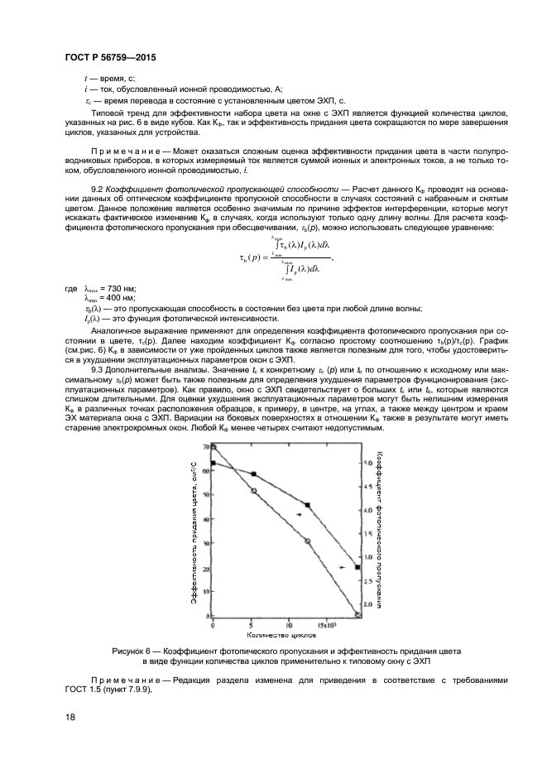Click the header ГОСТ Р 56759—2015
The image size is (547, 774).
[x=109, y=57]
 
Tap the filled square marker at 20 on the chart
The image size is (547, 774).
[x=357, y=567]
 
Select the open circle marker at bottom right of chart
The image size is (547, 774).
[x=357, y=615]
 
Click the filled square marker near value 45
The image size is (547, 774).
[x=307, y=505]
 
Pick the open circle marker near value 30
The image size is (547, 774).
[x=307, y=541]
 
